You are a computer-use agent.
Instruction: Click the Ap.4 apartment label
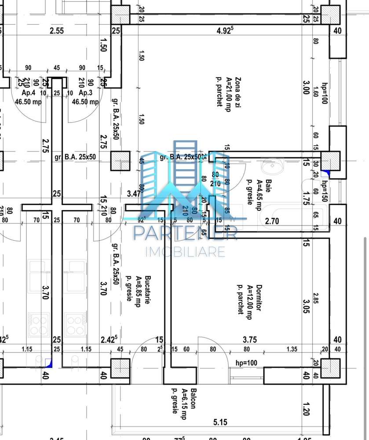(29, 93)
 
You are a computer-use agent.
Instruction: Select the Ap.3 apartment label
(85, 93)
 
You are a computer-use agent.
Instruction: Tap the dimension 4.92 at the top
(226, 30)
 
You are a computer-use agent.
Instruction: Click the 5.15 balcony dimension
(221, 422)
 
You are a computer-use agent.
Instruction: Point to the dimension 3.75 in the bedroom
(250, 340)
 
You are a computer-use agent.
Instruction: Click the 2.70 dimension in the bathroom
(273, 221)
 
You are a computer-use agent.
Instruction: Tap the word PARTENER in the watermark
(185, 233)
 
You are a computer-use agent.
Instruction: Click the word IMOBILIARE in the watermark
(185, 252)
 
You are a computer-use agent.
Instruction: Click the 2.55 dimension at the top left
(57, 30)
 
